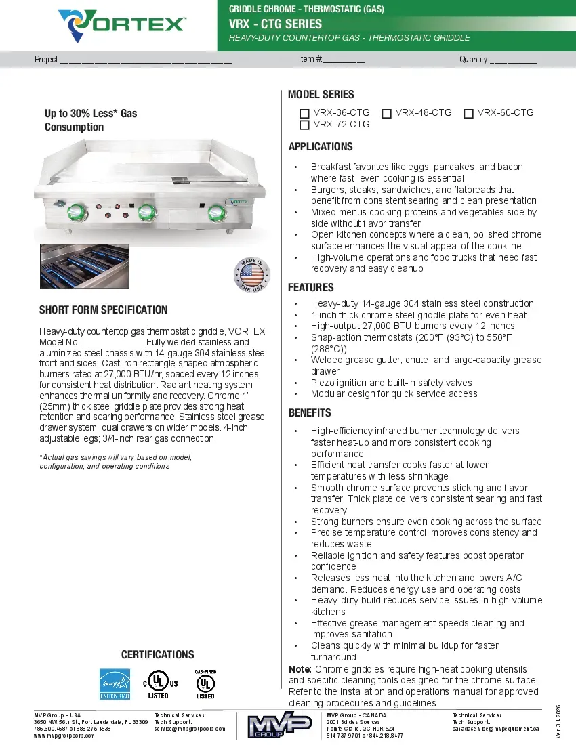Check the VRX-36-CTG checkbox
pyautogui.click(x=304, y=113)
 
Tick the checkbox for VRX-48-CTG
pyautogui.click(x=386, y=113)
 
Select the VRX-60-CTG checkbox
pyautogui.click(x=468, y=113)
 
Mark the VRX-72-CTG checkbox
pyautogui.click(x=304, y=125)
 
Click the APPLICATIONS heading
pyautogui.click(x=321, y=147)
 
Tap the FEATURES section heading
pyautogui.click(x=311, y=288)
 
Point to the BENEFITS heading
pyautogui.click(x=310, y=412)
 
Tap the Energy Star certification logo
pyautogui.click(x=115, y=684)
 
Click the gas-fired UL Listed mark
pyautogui.click(x=205, y=684)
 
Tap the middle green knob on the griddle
pyautogui.click(x=146, y=213)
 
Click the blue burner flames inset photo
pyautogui.click(x=79, y=268)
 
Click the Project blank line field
pyautogui.click(x=146, y=59)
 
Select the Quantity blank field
pyautogui.click(x=513, y=59)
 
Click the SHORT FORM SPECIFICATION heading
pyautogui.click(x=104, y=310)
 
